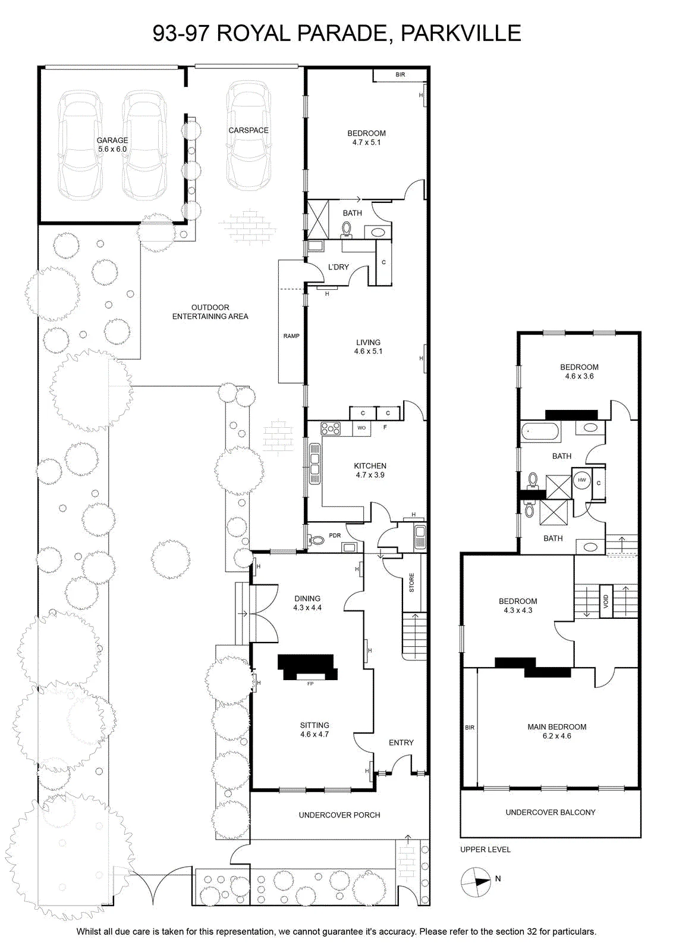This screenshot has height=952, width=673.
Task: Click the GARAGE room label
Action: [112, 140]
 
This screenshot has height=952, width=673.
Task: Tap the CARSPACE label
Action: [249, 130]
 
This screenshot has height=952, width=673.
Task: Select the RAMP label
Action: [291, 336]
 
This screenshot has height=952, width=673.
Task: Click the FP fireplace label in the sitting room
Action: [310, 684]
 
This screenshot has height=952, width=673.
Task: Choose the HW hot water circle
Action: [581, 480]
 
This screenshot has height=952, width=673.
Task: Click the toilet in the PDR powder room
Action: [316, 540]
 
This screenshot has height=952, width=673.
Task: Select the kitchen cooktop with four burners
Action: [331, 428]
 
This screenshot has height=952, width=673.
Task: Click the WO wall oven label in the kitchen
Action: [361, 428]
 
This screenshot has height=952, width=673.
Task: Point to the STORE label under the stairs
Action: [411, 583]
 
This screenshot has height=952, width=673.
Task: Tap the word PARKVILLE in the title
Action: [461, 33]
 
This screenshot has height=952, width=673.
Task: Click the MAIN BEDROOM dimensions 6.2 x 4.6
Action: [556, 735]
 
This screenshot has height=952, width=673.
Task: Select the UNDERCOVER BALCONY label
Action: [551, 812]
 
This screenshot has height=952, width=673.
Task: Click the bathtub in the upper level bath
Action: [540, 431]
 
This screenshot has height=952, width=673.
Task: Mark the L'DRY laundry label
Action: [338, 267]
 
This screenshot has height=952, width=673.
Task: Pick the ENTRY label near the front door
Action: [401, 743]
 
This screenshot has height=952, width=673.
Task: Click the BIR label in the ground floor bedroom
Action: [400, 74]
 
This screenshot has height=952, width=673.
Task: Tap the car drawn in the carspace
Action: [249, 135]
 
